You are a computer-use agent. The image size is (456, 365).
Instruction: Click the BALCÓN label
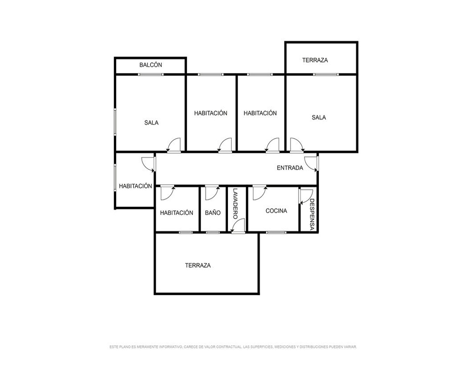tap(150, 65)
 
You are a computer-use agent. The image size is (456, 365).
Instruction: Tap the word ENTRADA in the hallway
tap(290, 168)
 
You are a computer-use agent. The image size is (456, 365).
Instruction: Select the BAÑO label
tap(212, 213)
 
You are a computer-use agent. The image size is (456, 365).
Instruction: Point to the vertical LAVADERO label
tap(235, 203)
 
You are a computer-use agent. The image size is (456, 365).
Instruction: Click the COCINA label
tap(276, 211)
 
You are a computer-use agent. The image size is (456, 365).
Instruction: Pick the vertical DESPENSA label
tap(312, 214)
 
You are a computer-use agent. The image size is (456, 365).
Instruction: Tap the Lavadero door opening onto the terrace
tap(238, 226)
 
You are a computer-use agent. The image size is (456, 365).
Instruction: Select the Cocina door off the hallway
tap(260, 193)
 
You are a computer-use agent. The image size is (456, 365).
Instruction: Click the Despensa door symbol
tap(306, 196)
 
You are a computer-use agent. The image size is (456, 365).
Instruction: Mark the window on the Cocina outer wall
tap(276, 232)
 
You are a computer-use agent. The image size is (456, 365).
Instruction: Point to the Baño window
tap(212, 232)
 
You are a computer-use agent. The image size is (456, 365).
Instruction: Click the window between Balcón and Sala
tap(150, 74)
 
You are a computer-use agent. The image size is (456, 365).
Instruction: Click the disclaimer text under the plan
tap(233, 347)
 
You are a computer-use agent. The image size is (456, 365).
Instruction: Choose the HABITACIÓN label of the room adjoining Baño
tap(176, 213)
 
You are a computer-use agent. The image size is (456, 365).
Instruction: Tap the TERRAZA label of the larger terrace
tap(198, 266)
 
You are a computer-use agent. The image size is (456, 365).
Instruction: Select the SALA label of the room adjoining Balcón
tap(151, 123)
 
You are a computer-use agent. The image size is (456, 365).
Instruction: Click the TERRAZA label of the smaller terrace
tap(315, 60)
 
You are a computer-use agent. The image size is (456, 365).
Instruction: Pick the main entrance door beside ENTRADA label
tap(311, 164)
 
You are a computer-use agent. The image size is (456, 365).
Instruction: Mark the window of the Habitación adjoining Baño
tap(186, 232)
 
